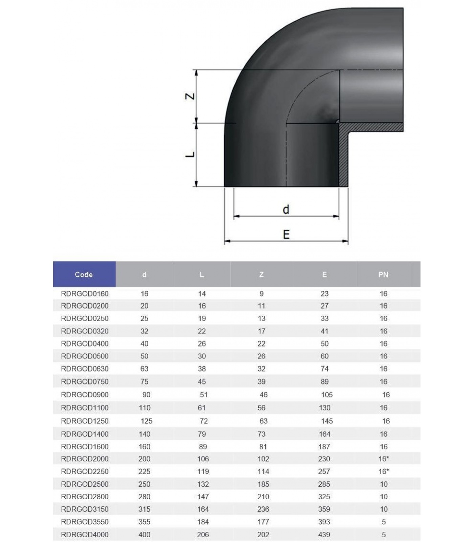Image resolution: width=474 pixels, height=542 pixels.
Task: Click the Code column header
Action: click(x=84, y=274)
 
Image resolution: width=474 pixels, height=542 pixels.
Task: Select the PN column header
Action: click(x=383, y=274)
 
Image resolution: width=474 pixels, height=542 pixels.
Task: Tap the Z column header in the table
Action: click(x=261, y=274)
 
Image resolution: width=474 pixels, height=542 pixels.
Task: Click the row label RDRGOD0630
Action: click(x=85, y=369)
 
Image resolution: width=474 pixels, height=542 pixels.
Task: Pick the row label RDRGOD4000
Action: click(x=85, y=535)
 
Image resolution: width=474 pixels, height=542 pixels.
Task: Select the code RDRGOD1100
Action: click(x=85, y=408)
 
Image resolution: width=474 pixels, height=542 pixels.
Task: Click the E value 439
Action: click(x=324, y=535)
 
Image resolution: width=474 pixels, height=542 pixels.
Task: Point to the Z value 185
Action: click(x=263, y=484)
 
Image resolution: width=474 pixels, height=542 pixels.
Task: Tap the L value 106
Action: click(x=203, y=459)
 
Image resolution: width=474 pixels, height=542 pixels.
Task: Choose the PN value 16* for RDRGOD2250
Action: click(x=384, y=471)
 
